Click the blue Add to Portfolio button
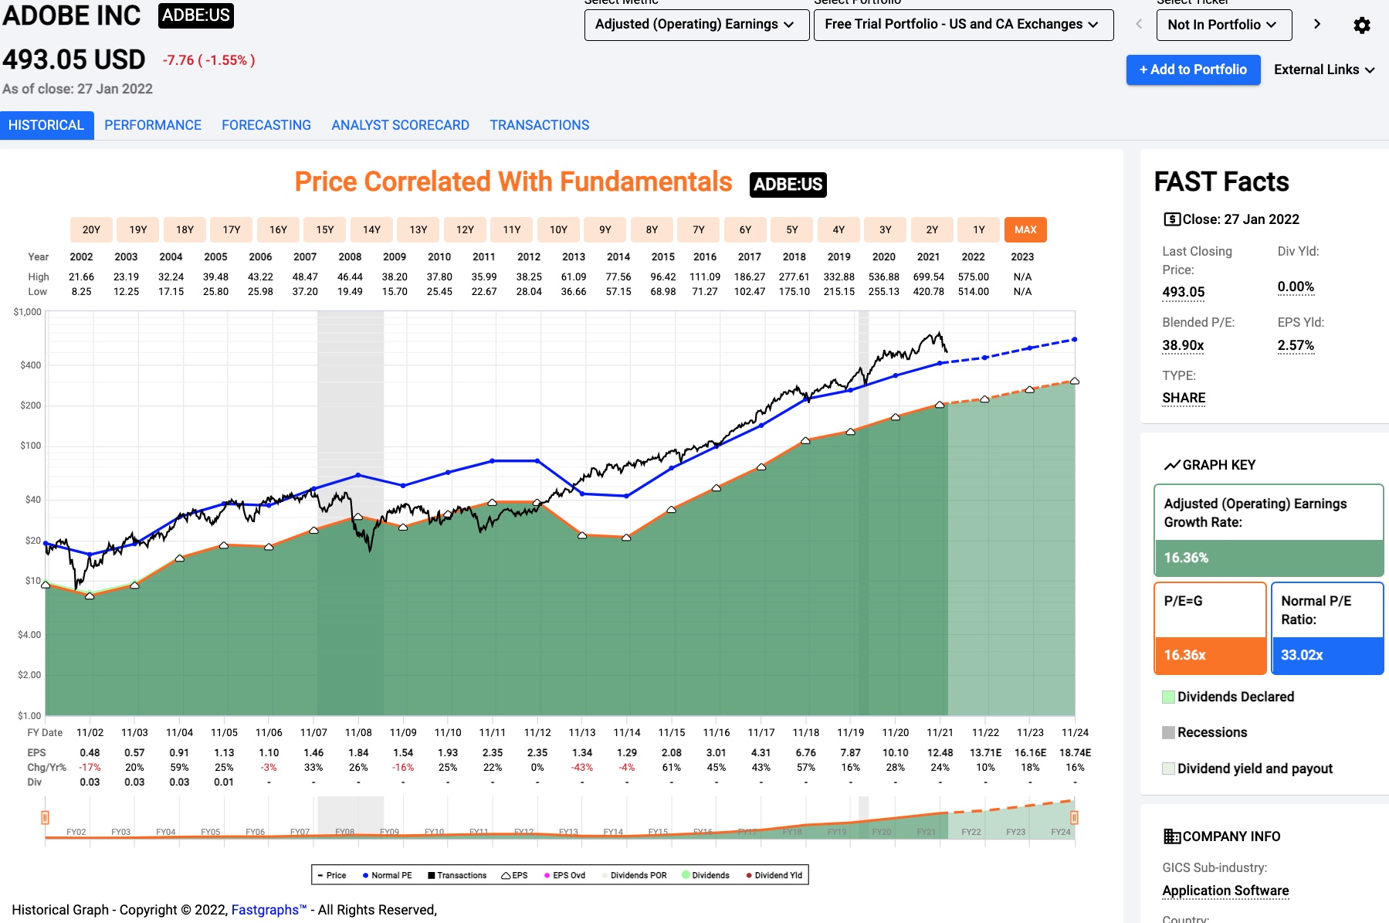1193,70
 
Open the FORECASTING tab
266,125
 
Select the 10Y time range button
558,229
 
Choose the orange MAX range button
1025,229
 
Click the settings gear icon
1362,25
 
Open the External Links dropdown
1323,70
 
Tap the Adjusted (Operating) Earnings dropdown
696,25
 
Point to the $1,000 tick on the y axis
28,312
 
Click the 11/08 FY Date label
358,732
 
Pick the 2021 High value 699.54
928,277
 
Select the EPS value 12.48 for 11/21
940,752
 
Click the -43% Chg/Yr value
582,767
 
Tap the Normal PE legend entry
388,875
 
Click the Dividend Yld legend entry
774,875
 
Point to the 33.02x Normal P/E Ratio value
1302,655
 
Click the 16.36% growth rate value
1187,558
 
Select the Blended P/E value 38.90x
1183,345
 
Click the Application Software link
1225,891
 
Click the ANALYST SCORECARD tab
400,125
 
